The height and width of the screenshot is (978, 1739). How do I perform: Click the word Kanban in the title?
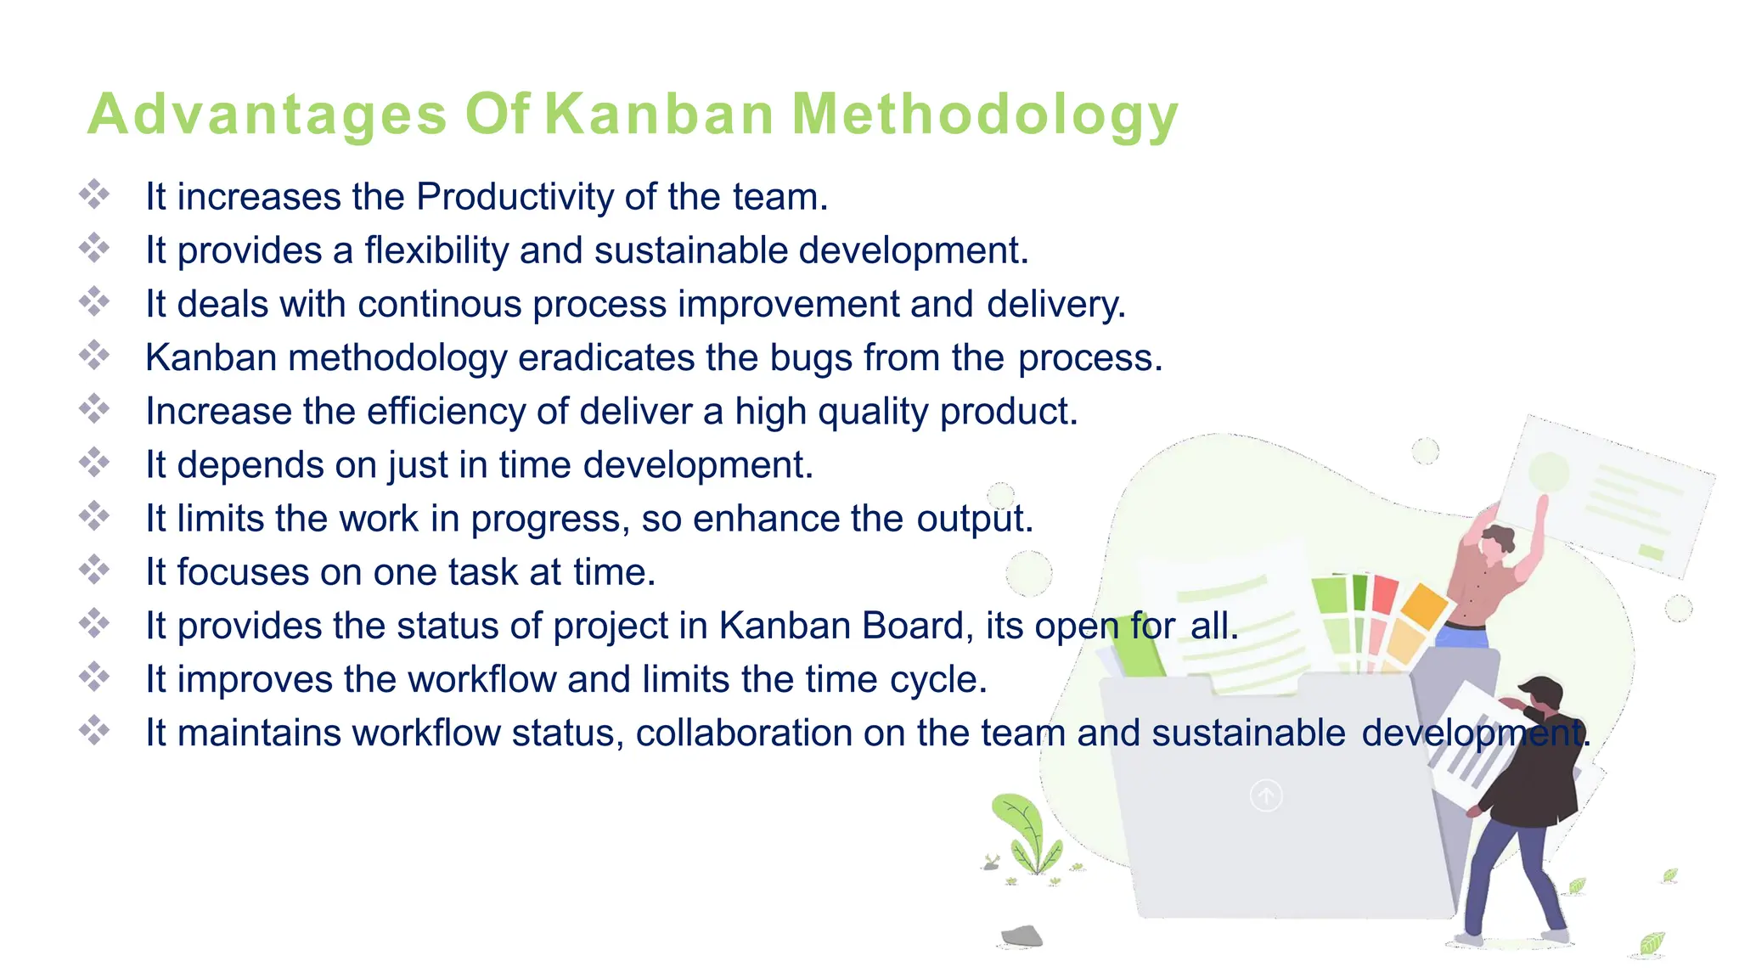[659, 114]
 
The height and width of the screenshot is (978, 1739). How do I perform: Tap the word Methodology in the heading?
[985, 114]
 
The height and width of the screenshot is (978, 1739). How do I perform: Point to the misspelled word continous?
[440, 304]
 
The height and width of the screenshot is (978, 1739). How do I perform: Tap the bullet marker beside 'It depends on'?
[94, 463]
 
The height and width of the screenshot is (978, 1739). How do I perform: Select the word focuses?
[242, 572]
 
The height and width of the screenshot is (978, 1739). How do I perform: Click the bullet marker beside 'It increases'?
[94, 194]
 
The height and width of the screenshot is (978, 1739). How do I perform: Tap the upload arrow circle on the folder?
[1266, 795]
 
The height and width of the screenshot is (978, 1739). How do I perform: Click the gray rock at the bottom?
[1021, 936]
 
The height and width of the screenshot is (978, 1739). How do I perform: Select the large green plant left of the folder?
[1029, 832]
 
